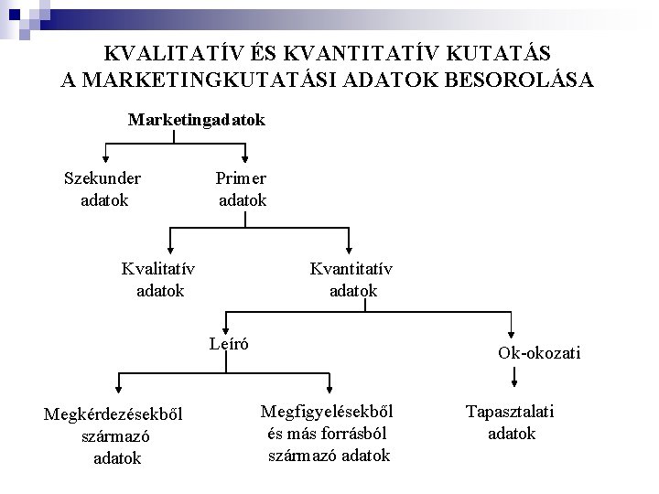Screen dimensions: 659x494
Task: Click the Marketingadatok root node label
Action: coord(197,120)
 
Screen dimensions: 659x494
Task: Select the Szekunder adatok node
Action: coord(103,188)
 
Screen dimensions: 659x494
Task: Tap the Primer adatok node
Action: coord(243,188)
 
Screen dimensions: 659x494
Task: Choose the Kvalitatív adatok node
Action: coord(159,279)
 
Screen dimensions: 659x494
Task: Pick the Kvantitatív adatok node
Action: coord(352,279)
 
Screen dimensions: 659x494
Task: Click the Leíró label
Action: coord(230,343)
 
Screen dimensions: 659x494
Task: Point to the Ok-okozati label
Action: coord(539,352)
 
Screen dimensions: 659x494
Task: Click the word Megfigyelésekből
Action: coord(332,412)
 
